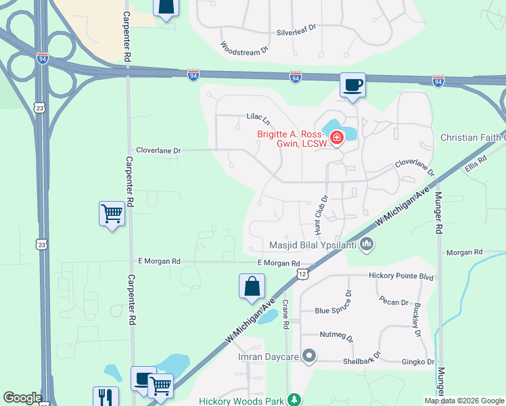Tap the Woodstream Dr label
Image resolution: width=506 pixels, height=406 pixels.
(244, 47)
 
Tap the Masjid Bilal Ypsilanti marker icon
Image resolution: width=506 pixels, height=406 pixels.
(367, 244)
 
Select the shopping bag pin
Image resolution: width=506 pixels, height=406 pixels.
(252, 286)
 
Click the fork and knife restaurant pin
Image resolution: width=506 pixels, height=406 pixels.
(106, 396)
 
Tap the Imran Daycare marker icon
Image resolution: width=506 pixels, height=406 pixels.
(310, 355)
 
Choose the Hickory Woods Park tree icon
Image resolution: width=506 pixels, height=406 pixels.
(294, 400)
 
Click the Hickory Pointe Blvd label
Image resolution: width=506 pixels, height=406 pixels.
(400, 276)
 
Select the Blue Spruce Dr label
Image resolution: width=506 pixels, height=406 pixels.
(334, 311)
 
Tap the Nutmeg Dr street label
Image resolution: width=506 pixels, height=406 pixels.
(336, 335)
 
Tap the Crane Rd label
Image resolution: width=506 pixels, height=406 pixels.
(286, 315)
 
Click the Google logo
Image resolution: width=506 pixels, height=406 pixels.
(22, 398)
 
